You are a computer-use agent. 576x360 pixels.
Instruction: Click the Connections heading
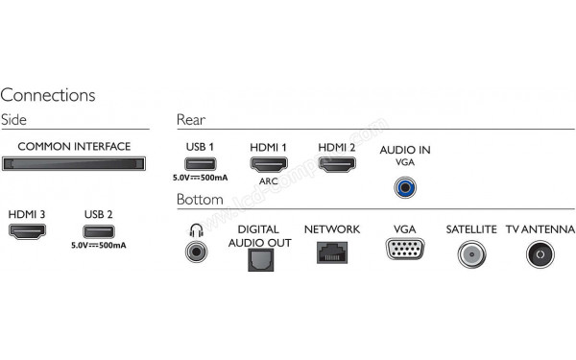(x=48, y=95)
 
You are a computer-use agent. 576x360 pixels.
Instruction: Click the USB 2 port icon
(x=98, y=231)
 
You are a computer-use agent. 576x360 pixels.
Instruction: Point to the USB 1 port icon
(x=199, y=164)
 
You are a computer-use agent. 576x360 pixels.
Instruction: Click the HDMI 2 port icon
(x=336, y=164)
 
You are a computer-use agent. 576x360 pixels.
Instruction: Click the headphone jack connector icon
(x=198, y=253)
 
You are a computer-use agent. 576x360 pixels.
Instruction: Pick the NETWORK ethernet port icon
(x=331, y=252)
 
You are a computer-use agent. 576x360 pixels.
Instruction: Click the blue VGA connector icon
(x=402, y=252)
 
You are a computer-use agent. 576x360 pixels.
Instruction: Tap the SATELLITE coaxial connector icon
(x=471, y=253)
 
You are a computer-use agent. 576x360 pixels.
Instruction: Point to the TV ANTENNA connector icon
(x=540, y=254)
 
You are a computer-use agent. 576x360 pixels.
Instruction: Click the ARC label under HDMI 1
(x=269, y=180)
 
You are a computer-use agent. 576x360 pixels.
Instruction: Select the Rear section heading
(x=191, y=119)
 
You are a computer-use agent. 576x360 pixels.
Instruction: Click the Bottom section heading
(x=200, y=200)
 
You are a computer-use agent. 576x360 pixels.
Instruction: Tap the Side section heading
(x=14, y=119)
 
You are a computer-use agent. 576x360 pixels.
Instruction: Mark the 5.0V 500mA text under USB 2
(x=99, y=247)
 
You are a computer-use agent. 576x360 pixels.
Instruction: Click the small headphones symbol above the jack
(x=198, y=229)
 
